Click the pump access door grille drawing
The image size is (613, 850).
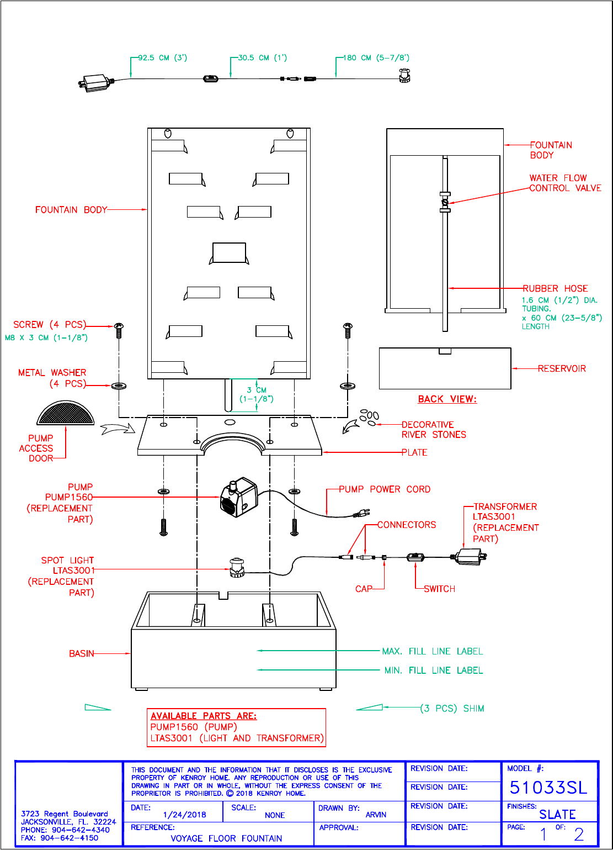(x=66, y=413)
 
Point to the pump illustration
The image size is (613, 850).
(x=239, y=497)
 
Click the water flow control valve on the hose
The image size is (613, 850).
(x=445, y=202)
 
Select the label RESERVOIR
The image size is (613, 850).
(x=562, y=368)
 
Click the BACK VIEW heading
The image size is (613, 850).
(x=447, y=399)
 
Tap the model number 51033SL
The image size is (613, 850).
(x=548, y=788)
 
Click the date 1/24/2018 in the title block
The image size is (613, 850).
(x=185, y=815)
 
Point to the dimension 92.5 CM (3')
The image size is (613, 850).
(x=163, y=57)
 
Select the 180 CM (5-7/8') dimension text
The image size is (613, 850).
(x=376, y=57)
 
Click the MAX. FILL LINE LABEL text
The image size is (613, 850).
(x=433, y=651)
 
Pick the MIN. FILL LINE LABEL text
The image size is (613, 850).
(x=434, y=671)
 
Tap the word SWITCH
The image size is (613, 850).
(x=439, y=589)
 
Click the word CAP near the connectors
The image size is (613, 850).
(x=364, y=589)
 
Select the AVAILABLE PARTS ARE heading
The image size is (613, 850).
(x=204, y=716)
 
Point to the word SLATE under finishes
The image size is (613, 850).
(x=557, y=815)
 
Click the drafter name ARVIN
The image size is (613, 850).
(x=376, y=815)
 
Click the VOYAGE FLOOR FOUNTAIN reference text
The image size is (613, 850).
(x=226, y=838)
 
